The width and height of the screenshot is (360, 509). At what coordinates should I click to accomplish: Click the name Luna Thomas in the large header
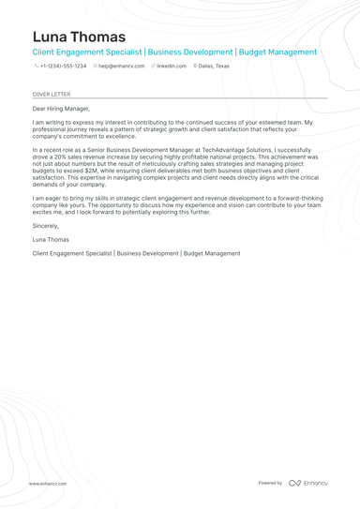(79, 37)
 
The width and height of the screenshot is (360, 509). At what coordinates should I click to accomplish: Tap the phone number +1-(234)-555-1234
(63, 67)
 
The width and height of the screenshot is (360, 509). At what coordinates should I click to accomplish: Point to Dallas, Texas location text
(214, 67)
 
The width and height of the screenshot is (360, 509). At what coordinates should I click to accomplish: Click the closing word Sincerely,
(46, 226)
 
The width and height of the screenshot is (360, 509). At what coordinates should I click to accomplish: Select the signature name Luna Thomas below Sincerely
(52, 240)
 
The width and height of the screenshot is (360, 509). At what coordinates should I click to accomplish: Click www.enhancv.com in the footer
(48, 484)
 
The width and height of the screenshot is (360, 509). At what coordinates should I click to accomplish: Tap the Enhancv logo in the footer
(308, 483)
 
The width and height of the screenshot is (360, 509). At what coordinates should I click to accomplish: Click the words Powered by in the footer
(270, 483)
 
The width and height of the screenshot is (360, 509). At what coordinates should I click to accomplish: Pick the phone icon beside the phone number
(36, 67)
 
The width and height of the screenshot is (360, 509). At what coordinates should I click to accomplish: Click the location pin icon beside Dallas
(195, 67)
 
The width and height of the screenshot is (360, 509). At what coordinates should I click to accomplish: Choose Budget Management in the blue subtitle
(278, 52)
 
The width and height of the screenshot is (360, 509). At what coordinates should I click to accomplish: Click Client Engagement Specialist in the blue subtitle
(87, 52)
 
